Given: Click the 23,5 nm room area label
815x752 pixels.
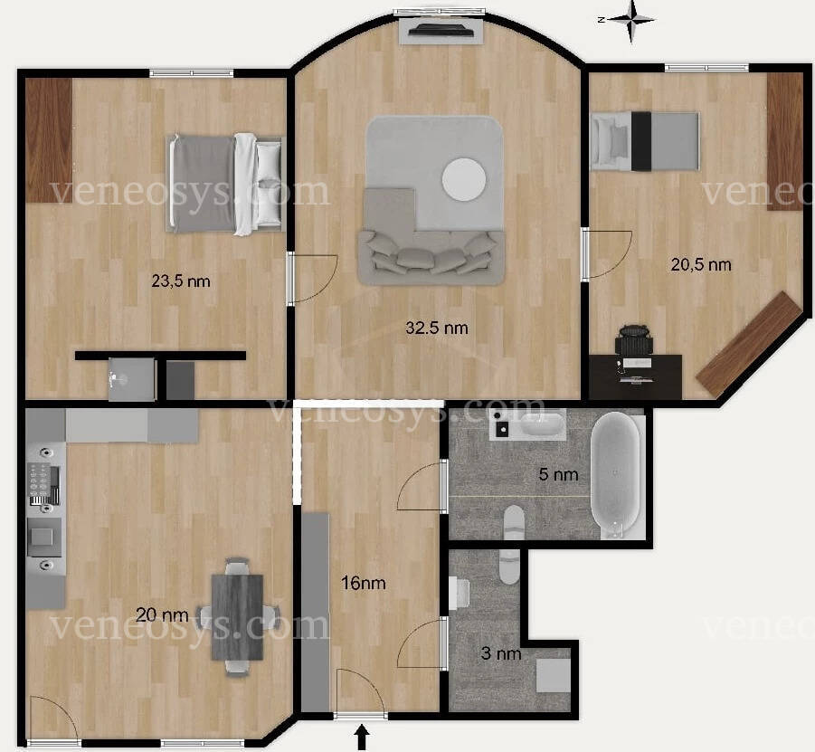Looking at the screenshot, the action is pos(181,281).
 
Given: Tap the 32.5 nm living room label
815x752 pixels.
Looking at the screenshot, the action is pos(437,328).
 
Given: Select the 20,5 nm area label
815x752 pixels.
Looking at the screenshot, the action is pos(701,265).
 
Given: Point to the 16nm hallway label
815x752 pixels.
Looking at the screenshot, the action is pos(364,583).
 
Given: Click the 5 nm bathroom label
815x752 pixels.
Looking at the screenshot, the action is pos(558,474).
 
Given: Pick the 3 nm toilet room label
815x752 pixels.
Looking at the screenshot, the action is pos(501,653).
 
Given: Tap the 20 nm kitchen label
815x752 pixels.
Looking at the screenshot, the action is pos(162,615).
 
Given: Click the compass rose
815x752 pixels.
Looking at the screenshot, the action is pos(631,21).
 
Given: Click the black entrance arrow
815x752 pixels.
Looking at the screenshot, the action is pos(363,738).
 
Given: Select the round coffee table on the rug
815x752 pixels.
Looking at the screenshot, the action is pos(464,179).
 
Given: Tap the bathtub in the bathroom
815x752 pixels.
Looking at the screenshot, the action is pos(616,475).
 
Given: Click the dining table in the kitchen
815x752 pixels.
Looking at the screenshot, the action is pos(238,617).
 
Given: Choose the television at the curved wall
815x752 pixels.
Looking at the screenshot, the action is pos(441,30).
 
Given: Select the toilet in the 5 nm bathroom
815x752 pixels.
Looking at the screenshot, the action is pos(515,521).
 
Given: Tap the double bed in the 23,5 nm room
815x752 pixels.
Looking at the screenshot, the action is pos(224,183).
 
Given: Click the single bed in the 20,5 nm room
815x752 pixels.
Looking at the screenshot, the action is pos(645,141).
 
